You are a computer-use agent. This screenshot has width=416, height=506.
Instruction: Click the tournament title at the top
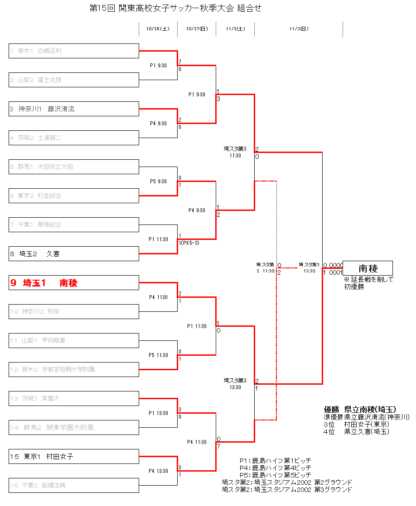(x=176, y=8)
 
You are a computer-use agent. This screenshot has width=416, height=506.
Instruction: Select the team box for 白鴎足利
(x=74, y=51)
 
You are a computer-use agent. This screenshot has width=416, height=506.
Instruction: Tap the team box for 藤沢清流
(x=74, y=109)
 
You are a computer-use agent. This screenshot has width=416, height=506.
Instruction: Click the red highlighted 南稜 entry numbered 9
(x=74, y=283)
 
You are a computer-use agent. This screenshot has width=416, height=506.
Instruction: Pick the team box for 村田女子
(x=74, y=457)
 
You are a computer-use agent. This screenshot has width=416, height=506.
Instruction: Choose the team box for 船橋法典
(x=74, y=486)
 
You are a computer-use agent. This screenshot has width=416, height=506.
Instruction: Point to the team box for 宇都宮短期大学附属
(x=74, y=370)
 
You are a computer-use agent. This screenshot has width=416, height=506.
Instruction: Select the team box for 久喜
(x=74, y=254)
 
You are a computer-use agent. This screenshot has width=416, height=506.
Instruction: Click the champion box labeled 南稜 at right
(x=368, y=268)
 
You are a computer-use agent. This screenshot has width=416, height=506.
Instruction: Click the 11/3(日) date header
(x=299, y=29)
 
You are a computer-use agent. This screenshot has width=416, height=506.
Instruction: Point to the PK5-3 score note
(x=190, y=243)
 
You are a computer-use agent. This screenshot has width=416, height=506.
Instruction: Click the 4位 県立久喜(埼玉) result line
(x=356, y=431)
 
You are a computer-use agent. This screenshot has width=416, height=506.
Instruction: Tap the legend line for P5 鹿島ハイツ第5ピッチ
(x=275, y=475)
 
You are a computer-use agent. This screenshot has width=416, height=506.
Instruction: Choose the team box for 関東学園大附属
(x=74, y=428)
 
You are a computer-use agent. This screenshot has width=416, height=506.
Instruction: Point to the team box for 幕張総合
(x=74, y=225)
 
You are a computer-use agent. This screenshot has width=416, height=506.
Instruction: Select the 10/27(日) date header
(x=197, y=29)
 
